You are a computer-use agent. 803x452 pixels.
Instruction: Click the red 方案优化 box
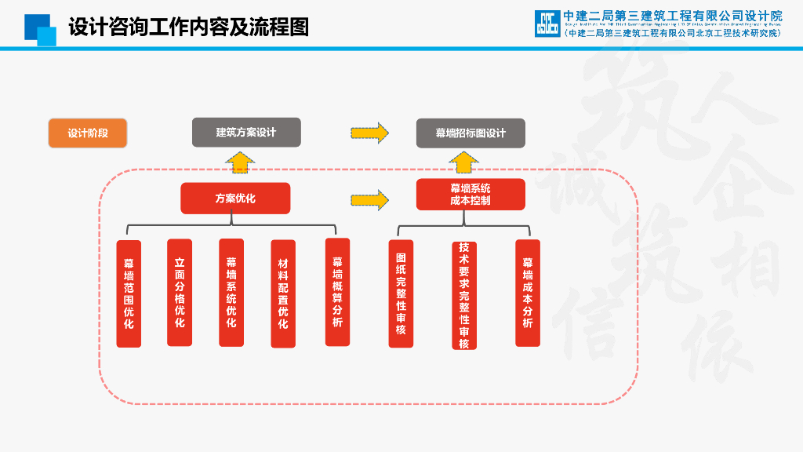coord(235,199)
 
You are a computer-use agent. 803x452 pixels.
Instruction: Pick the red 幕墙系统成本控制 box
coord(471,195)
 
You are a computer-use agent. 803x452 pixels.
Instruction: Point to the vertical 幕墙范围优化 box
coord(129,293)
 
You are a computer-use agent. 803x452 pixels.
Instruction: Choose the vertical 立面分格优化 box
coord(180,293)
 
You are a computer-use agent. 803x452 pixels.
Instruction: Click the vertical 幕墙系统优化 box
coord(231,293)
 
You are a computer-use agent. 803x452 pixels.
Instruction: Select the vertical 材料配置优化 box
coord(283,293)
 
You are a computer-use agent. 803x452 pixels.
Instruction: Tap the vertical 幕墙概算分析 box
coord(337,292)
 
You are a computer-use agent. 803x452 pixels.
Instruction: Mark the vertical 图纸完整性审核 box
coord(401,293)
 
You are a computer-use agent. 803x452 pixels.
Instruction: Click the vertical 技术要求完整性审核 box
coord(464,295)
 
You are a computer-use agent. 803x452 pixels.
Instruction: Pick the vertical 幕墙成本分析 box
coord(528,293)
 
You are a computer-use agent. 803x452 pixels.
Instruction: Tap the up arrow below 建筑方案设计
coord(240,162)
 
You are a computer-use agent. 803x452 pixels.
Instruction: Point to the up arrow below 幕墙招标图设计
coord(464,162)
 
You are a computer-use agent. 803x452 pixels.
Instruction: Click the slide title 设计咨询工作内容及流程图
coord(188,27)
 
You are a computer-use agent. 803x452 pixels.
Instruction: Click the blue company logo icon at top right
coord(547,24)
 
